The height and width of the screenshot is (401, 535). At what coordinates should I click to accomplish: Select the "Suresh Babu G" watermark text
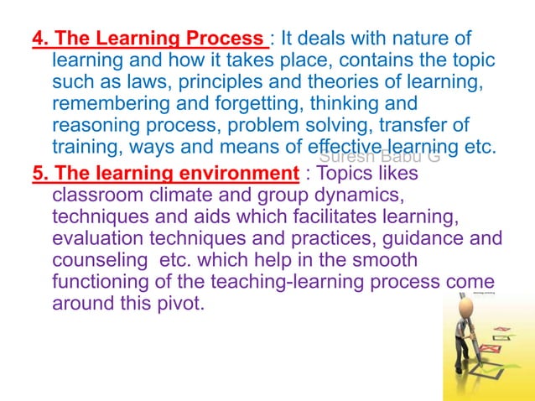379,157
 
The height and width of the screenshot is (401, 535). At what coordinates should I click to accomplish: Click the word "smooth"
387,261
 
